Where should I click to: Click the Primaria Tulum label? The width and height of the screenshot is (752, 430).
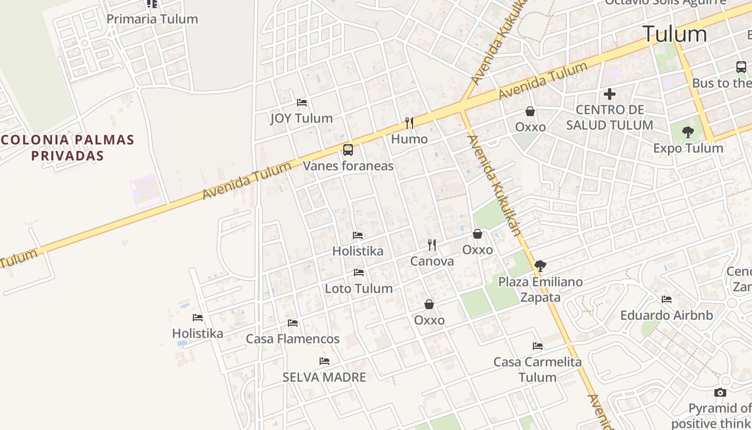click(x=152, y=19)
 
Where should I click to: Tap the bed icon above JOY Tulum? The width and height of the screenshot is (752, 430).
click(x=302, y=102)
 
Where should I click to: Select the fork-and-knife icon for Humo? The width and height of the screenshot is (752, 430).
click(x=409, y=123)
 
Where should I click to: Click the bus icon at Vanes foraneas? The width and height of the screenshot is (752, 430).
click(x=348, y=150)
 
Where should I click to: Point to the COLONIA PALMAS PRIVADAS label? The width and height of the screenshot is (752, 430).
click(x=67, y=148)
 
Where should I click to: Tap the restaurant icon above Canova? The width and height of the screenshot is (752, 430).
click(x=432, y=245)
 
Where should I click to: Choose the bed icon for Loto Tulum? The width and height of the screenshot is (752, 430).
click(x=359, y=273)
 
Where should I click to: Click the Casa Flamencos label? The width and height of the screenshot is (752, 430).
click(x=293, y=339)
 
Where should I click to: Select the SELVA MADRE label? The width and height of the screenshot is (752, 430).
click(x=324, y=377)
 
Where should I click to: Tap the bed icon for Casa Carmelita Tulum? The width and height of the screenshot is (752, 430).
click(x=538, y=346)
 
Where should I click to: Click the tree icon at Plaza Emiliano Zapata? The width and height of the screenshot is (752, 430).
click(x=540, y=266)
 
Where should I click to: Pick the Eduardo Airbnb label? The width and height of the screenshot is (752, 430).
click(x=667, y=316)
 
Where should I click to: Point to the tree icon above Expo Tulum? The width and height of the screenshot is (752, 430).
click(x=688, y=132)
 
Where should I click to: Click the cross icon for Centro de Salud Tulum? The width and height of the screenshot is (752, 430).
click(x=610, y=94)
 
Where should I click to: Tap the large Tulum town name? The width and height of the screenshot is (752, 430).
click(x=675, y=34)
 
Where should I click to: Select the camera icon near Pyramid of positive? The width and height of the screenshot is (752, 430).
click(x=721, y=393)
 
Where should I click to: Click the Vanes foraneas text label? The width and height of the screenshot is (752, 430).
click(x=348, y=166)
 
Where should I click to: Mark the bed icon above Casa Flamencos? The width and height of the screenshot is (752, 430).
click(x=293, y=323)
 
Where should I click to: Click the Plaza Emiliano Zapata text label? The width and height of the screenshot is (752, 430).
click(x=540, y=290)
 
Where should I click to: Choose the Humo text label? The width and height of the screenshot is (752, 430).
click(x=409, y=139)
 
